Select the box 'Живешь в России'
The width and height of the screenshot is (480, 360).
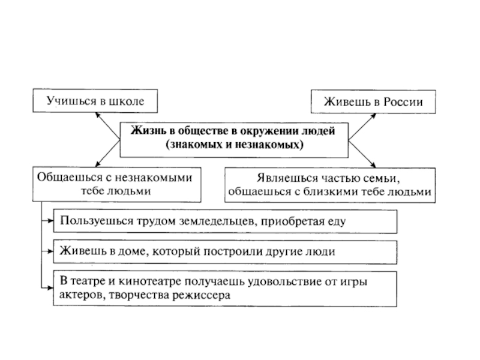(x=373, y=101)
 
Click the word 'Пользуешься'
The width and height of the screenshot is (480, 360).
(x=91, y=221)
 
